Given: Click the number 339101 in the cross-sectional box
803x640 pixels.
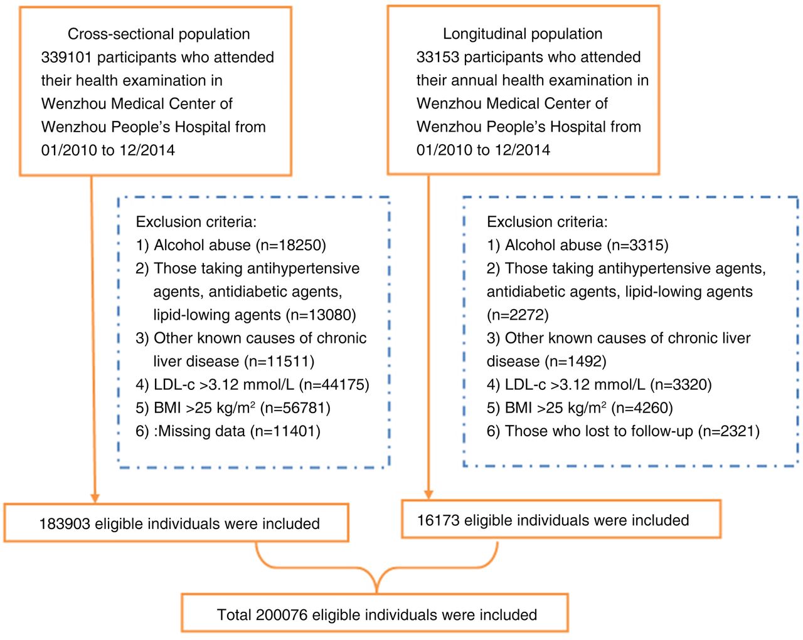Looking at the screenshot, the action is pyautogui.click(x=66, y=58).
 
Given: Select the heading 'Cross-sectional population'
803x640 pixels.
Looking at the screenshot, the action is pyautogui.click(x=159, y=34).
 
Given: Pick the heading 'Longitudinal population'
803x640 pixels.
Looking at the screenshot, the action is pyautogui.click(x=523, y=34).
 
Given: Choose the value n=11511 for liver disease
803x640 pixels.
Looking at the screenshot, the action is pyautogui.click(x=279, y=361).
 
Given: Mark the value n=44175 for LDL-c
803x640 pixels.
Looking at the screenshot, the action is pyautogui.click(x=334, y=384).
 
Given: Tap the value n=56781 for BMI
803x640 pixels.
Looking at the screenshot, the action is pyautogui.click(x=295, y=407).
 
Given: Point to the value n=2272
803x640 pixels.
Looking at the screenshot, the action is pyautogui.click(x=518, y=315).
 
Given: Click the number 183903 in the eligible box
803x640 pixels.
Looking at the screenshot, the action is pyautogui.click(x=65, y=523).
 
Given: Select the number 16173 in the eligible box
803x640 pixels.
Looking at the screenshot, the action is pyautogui.click(x=438, y=520).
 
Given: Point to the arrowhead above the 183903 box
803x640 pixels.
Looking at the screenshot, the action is pyautogui.click(x=95, y=498).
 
